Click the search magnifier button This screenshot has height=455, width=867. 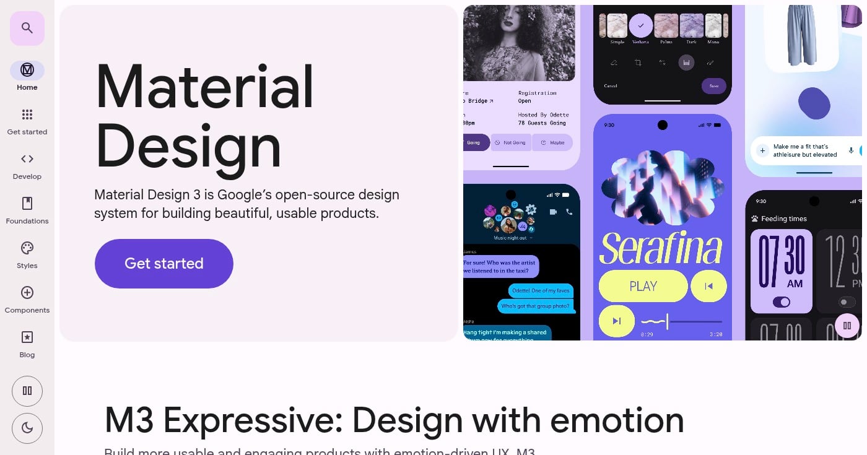pyautogui.click(x=27, y=28)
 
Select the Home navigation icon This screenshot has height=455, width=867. pyautogui.click(x=27, y=70)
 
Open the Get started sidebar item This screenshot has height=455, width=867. pyautogui.click(x=27, y=115)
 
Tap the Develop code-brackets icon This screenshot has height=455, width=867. pyautogui.click(x=27, y=159)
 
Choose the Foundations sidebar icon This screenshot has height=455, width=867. pyautogui.click(x=27, y=204)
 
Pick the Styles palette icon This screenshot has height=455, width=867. pyautogui.click(x=27, y=248)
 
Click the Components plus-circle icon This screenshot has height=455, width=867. pyautogui.click(x=27, y=293)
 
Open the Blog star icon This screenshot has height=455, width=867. pyautogui.click(x=27, y=337)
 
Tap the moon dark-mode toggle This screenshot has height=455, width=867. pyautogui.click(x=27, y=428)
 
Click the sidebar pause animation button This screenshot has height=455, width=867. pyautogui.click(x=27, y=391)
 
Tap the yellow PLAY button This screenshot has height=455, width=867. pyautogui.click(x=643, y=286)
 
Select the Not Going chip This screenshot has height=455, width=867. pyautogui.click(x=510, y=142)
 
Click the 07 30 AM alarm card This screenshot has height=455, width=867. pyautogui.click(x=781, y=271)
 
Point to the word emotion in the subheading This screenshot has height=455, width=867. pyautogui.click(x=617, y=420)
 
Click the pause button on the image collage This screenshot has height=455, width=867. pyautogui.click(x=847, y=326)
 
